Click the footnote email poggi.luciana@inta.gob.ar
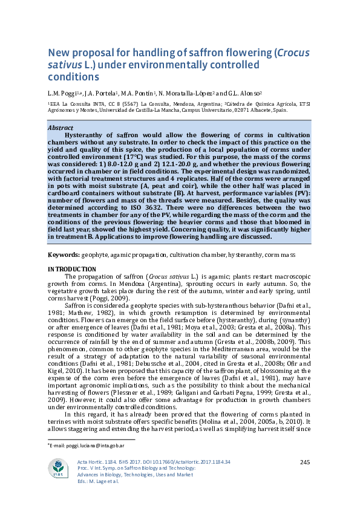point(88,445)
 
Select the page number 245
point(306,462)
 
